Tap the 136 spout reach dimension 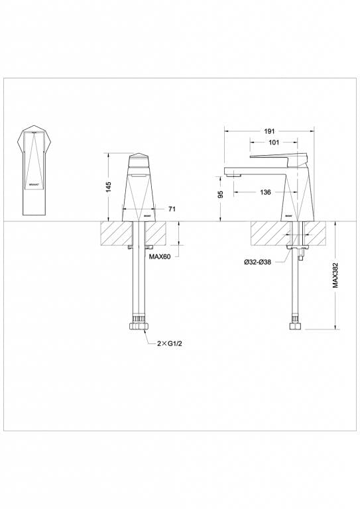pyautogui.click(x=265, y=192)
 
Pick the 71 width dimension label pyautogui.click(x=172, y=209)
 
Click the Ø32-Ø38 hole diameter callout pyautogui.click(x=257, y=262)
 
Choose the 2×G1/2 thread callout pyautogui.click(x=169, y=344)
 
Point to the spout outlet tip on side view pyautogui.click(x=232, y=174)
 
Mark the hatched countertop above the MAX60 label pyautogui.click(x=155, y=233)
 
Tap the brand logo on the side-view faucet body pyautogui.click(x=289, y=215)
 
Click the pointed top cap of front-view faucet pyautogui.click(x=138, y=158)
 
